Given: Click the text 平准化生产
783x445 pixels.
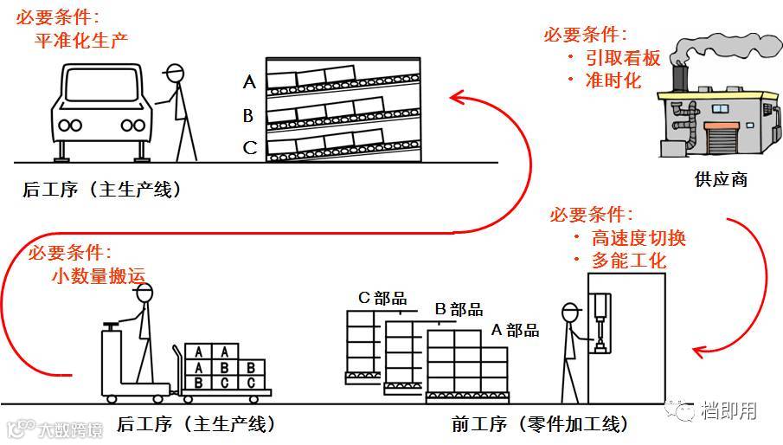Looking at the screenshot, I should click(81, 40).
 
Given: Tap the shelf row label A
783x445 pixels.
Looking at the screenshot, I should click(249, 82).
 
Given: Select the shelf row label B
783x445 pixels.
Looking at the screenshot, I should click(248, 115).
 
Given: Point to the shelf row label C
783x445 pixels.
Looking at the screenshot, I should click(249, 147).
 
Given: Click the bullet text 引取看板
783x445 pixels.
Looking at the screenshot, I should click(626, 58).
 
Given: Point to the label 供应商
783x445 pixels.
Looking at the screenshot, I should click(720, 180).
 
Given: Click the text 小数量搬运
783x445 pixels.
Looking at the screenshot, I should click(98, 276).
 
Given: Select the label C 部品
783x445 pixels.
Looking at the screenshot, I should click(382, 299).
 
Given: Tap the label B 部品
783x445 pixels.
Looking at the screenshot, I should click(459, 310).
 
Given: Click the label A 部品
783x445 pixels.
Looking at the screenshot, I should click(515, 330).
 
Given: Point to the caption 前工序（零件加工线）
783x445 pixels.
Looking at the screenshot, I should click(540, 424).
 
